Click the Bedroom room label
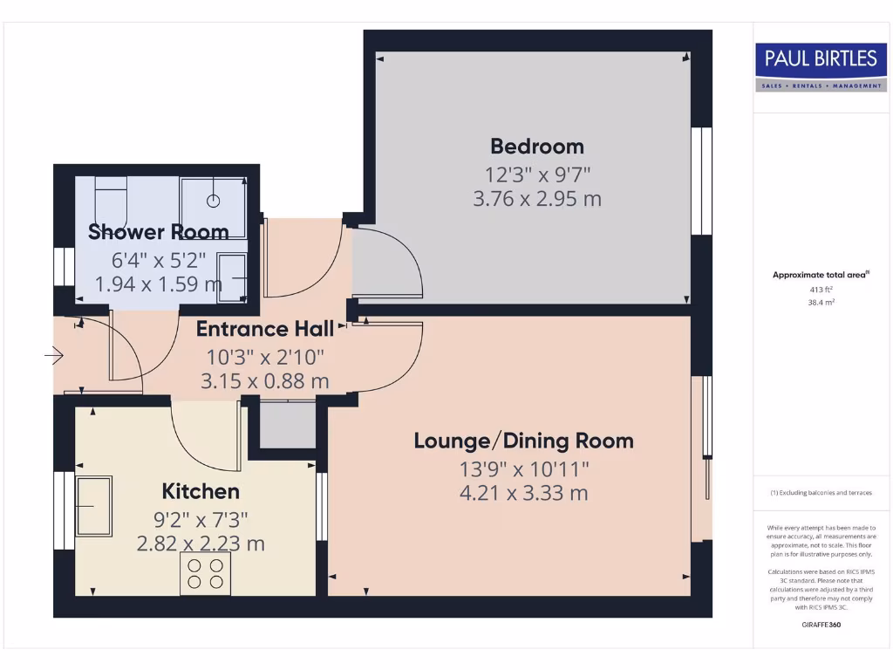click(x=536, y=146)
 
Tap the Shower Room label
click(x=159, y=231)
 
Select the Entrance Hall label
click(x=264, y=329)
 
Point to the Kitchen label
click(x=201, y=492)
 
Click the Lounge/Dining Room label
click(x=523, y=441)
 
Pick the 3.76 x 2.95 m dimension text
click(x=536, y=199)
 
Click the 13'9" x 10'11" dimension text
click(x=524, y=468)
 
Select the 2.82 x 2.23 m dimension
click(x=201, y=544)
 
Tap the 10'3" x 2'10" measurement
click(x=265, y=356)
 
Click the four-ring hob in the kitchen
click(x=205, y=574)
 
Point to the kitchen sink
click(x=93, y=506)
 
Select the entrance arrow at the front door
click(x=54, y=356)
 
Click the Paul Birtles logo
click(x=820, y=68)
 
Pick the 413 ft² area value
click(x=820, y=289)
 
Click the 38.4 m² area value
click(x=820, y=303)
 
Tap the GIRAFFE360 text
click(x=820, y=625)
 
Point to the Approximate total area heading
click(x=820, y=275)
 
